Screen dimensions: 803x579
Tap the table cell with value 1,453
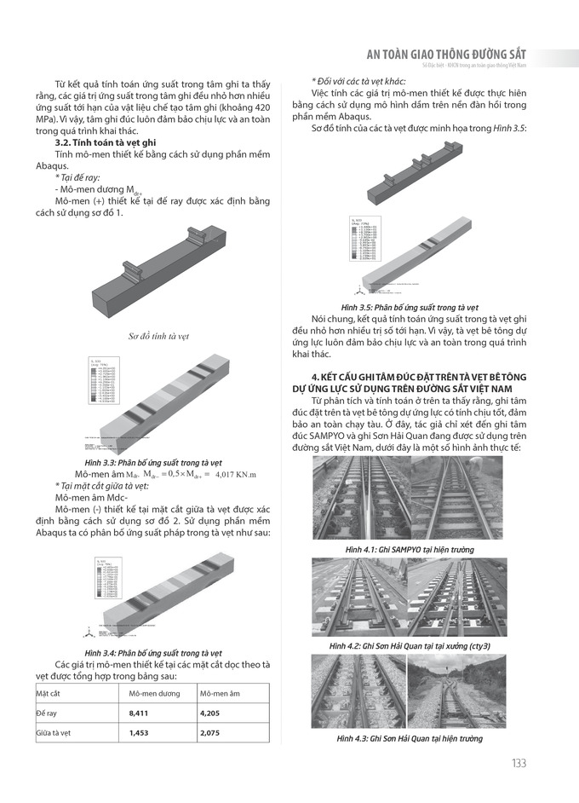(138, 732)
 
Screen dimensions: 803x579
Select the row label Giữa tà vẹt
(57, 732)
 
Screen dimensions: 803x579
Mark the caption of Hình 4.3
(410, 738)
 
